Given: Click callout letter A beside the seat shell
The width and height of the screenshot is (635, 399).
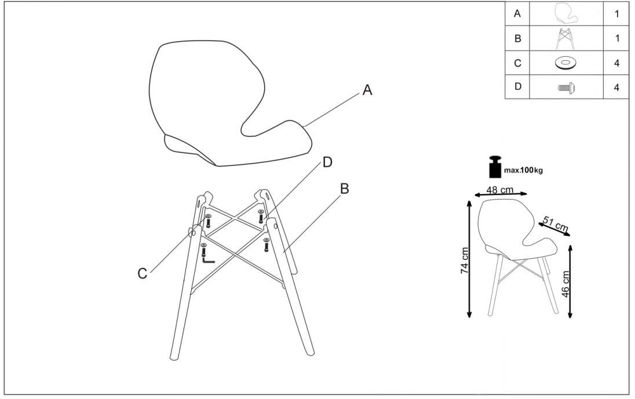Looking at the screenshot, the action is click(x=367, y=90).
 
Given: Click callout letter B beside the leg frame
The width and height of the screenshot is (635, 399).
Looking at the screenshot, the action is click(x=345, y=188).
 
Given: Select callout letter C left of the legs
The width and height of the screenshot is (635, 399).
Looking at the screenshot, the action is click(x=142, y=274).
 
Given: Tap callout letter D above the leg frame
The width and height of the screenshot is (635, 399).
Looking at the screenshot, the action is click(x=327, y=162).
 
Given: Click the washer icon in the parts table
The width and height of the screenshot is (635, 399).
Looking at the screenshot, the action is click(x=565, y=63).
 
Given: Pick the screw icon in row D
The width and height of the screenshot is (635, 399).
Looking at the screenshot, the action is click(x=567, y=87).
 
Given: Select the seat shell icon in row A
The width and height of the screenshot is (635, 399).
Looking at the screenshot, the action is click(x=566, y=13).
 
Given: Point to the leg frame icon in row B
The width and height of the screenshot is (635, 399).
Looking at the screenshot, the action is click(x=566, y=38).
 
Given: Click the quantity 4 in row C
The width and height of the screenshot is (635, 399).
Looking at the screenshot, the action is click(x=617, y=63).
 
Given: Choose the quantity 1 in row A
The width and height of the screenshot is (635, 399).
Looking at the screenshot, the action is click(x=617, y=14).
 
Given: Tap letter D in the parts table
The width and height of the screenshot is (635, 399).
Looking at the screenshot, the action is click(x=517, y=87).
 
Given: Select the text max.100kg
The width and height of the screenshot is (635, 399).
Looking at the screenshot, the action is click(x=523, y=171).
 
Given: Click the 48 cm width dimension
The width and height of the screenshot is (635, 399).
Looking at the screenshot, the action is click(x=500, y=190).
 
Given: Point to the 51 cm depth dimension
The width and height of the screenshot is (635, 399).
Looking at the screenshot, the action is click(x=555, y=224).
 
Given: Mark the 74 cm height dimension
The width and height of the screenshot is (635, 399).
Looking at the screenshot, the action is click(x=465, y=260).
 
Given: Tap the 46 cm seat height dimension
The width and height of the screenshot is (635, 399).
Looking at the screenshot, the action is click(x=565, y=284).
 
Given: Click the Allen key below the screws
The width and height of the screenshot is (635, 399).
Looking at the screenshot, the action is click(x=208, y=259).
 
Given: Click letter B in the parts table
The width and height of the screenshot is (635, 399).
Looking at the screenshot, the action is click(x=517, y=39).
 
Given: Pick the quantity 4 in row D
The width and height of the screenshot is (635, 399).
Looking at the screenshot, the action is click(x=617, y=87).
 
